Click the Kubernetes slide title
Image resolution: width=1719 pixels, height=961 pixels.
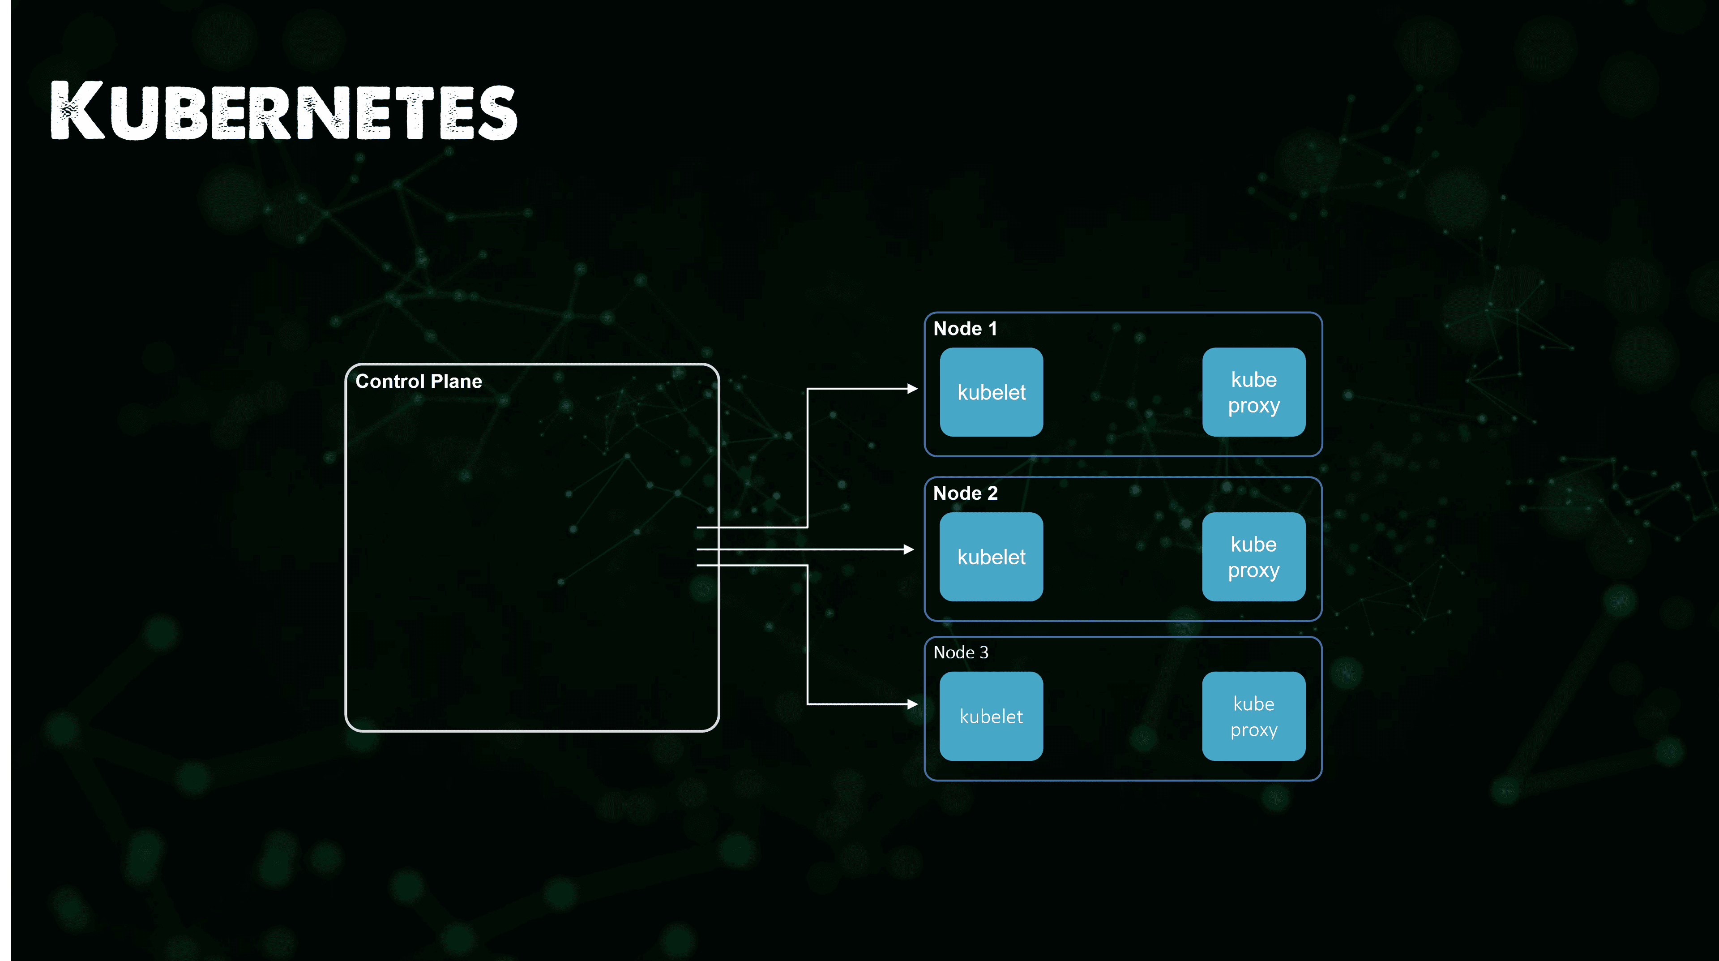coord(284,110)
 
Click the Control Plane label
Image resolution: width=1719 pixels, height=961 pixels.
coord(419,381)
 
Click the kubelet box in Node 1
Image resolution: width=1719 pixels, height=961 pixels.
coord(992,392)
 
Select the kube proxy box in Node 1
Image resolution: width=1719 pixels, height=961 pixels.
coord(1254,392)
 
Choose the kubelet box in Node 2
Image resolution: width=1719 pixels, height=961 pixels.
coord(992,557)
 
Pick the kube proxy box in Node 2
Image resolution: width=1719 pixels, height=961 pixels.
coord(1254,557)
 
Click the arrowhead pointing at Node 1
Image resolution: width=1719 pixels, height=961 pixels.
coord(913,388)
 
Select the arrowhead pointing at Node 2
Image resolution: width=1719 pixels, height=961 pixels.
coord(909,549)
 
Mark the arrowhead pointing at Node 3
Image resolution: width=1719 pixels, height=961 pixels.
coord(913,704)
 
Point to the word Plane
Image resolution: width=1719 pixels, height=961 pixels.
coord(457,381)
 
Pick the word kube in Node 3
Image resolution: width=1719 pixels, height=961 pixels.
coord(1254,704)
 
